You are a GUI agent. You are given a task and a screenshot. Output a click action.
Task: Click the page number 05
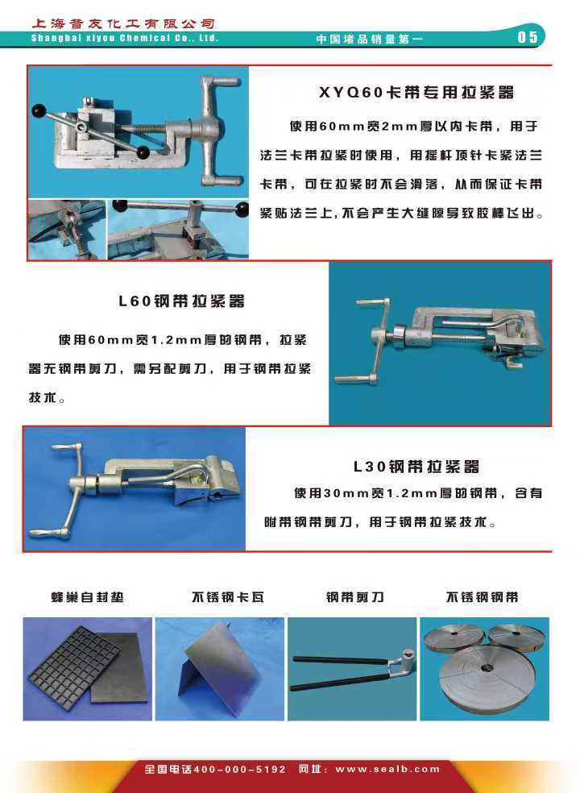click(527, 37)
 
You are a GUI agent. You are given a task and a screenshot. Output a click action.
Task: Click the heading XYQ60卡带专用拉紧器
click(416, 93)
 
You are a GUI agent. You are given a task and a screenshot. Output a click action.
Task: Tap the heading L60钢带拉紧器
click(181, 301)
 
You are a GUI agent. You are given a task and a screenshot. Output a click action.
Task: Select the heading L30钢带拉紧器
click(416, 467)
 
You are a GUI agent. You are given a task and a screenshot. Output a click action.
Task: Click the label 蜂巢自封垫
click(87, 597)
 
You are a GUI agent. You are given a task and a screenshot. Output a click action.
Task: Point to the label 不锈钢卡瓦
click(227, 597)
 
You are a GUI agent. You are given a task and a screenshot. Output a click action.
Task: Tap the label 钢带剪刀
click(354, 597)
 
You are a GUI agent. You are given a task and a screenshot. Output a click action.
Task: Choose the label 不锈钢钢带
click(482, 597)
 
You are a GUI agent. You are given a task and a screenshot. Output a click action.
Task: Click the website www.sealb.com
click(387, 770)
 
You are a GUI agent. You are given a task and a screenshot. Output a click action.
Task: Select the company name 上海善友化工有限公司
click(123, 23)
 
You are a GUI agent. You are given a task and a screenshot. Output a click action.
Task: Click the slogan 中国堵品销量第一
click(369, 39)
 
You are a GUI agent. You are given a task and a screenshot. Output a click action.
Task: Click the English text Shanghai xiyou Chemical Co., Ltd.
click(124, 38)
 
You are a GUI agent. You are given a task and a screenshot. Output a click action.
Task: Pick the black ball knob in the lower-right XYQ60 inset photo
click(242, 209)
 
